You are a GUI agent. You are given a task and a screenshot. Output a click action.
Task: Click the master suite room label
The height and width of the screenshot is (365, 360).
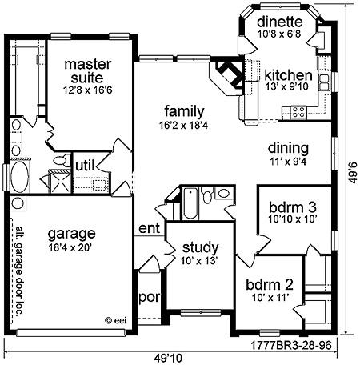click(88, 71)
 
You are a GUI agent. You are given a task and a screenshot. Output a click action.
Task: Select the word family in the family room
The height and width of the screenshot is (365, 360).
click(184, 111)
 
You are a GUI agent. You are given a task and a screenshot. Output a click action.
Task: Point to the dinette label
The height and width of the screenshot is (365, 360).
click(280, 22)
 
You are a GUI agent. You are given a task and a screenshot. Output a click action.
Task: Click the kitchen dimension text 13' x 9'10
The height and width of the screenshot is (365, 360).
click(286, 86)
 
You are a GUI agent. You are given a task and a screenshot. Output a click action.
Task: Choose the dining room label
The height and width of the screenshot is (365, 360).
click(288, 148)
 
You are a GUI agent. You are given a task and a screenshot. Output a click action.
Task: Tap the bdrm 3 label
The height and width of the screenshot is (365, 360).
click(293, 207)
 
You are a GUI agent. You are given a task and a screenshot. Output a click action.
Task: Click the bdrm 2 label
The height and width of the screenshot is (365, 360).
click(270, 285)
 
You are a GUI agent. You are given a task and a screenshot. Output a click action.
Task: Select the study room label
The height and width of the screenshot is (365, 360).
click(200, 248)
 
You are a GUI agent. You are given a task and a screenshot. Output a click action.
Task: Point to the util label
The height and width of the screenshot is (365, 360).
click(85, 166)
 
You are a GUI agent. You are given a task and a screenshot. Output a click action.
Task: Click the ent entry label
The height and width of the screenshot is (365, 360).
click(149, 228)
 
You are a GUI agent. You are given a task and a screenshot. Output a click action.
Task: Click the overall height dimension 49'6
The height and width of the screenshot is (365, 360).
click(354, 173)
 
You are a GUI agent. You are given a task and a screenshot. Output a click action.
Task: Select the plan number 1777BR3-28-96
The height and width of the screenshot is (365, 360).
click(290, 346)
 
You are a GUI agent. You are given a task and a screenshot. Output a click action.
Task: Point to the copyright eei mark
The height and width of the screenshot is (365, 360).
click(116, 320)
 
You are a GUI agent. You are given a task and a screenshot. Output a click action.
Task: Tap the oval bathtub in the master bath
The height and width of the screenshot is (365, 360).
click(19, 177)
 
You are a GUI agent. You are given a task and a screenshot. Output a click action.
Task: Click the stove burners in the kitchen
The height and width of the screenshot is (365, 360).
click(298, 112)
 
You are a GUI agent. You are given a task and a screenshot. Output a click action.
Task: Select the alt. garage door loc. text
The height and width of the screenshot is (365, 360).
click(18, 271)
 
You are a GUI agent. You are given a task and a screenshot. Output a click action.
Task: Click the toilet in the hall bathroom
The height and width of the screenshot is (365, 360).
click(207, 195)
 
